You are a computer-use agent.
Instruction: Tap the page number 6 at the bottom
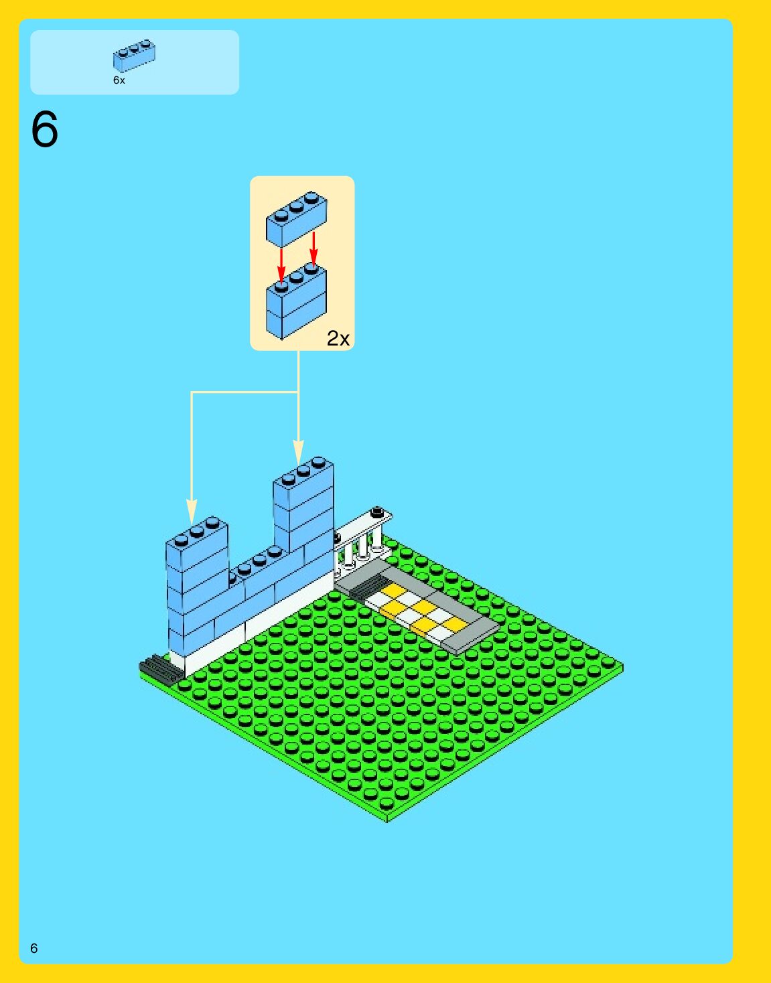tap(34, 948)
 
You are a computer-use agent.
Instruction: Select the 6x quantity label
tap(119, 80)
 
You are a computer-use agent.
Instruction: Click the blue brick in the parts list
tap(134, 56)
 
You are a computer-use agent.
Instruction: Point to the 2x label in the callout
tap(338, 339)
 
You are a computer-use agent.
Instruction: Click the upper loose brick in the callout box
tap(296, 219)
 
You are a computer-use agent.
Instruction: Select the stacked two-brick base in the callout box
tap(296, 303)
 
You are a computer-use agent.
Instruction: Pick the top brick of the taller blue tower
tap(303, 483)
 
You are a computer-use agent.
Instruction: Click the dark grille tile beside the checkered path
tap(362, 589)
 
